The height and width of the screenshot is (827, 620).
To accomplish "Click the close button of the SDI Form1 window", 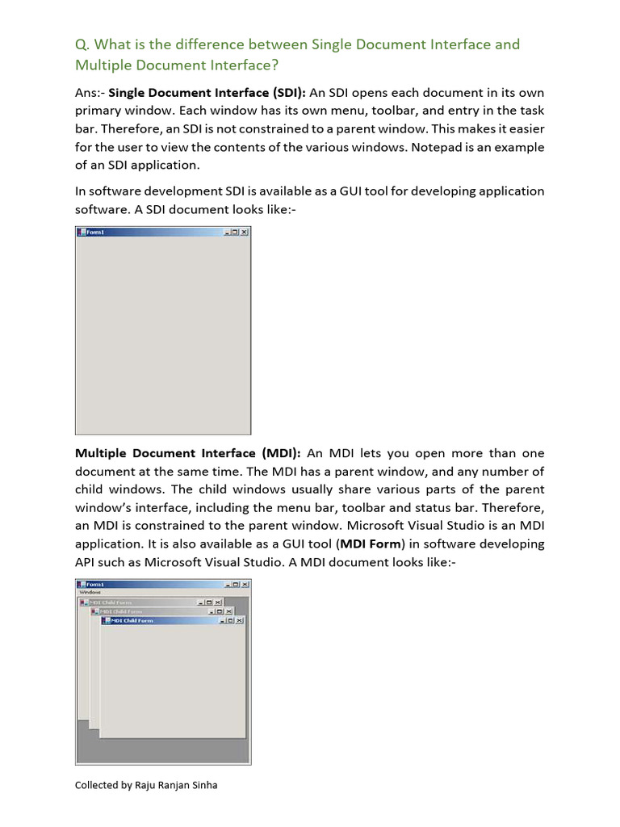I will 245,233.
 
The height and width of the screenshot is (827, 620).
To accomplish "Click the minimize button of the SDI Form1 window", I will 227,233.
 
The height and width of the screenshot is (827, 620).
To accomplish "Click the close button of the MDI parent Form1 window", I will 245,584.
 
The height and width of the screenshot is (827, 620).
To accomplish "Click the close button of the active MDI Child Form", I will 239,620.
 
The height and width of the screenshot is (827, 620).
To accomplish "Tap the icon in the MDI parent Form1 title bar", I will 81,584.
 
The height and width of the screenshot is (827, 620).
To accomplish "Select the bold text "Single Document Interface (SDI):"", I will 207,92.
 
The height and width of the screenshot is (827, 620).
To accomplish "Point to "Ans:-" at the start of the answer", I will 90,92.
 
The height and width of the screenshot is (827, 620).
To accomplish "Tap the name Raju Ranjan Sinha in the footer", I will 177,784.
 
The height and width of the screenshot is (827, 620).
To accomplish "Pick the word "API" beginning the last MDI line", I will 86,562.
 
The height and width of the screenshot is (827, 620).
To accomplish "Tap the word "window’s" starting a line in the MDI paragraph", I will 103,507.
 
